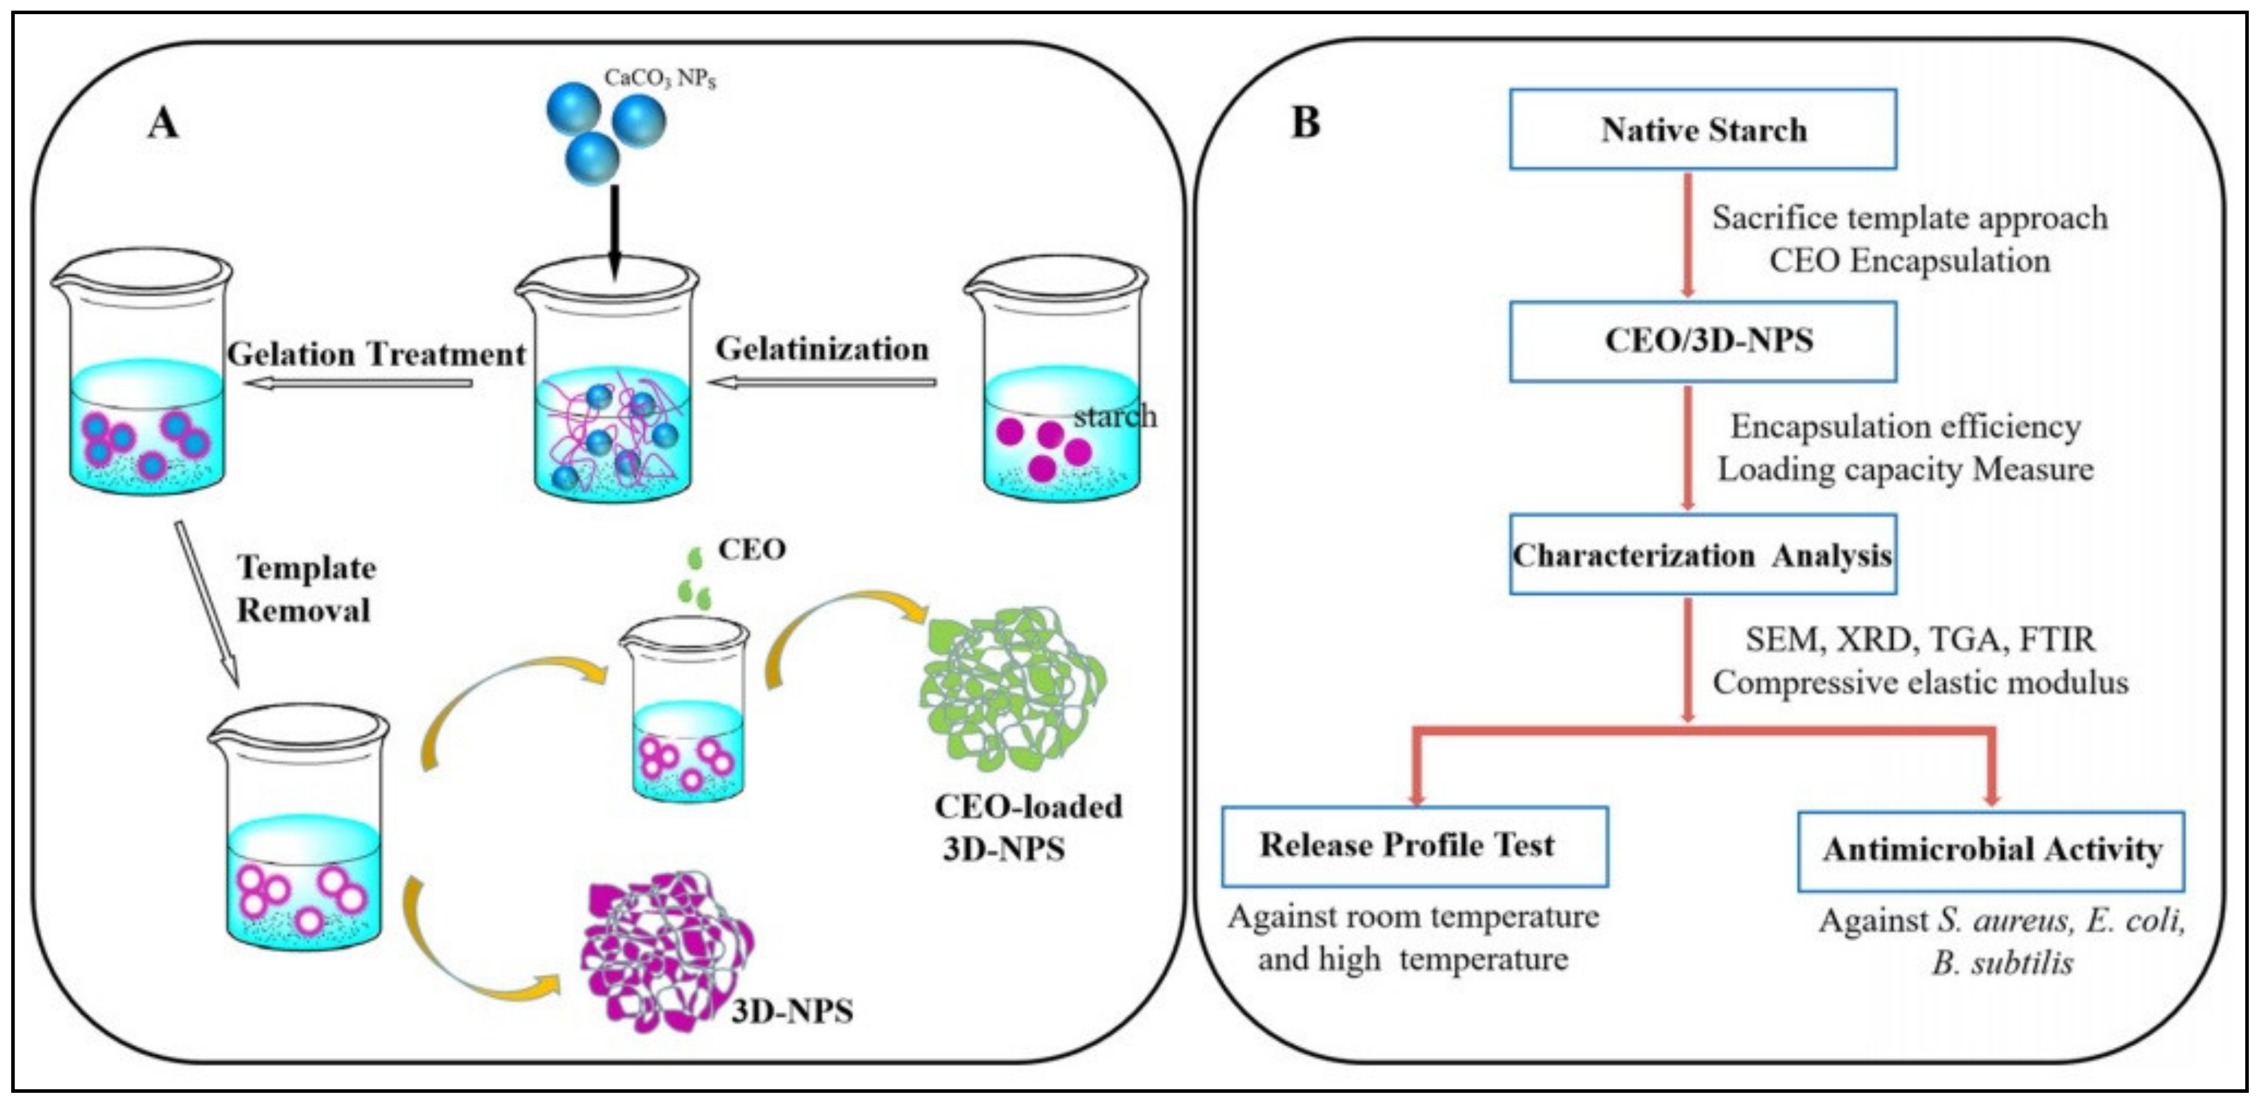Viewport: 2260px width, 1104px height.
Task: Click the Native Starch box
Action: tap(1702, 129)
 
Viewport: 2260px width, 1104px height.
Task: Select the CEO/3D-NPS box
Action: tap(1702, 340)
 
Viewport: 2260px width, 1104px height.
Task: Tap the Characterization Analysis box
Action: tap(1702, 554)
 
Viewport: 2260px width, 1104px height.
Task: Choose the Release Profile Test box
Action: tap(1414, 845)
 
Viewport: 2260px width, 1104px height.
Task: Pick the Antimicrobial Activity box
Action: tap(1990, 849)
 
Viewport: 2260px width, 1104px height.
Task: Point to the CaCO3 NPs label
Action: tap(660, 79)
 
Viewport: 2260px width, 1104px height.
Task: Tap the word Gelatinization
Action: tap(822, 349)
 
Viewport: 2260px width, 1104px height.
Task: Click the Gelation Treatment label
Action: tap(376, 354)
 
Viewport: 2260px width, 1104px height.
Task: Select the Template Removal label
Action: tap(306, 589)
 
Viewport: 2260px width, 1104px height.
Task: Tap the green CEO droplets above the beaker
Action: tap(695, 581)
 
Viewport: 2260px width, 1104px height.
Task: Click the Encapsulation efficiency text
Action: tap(1906, 426)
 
